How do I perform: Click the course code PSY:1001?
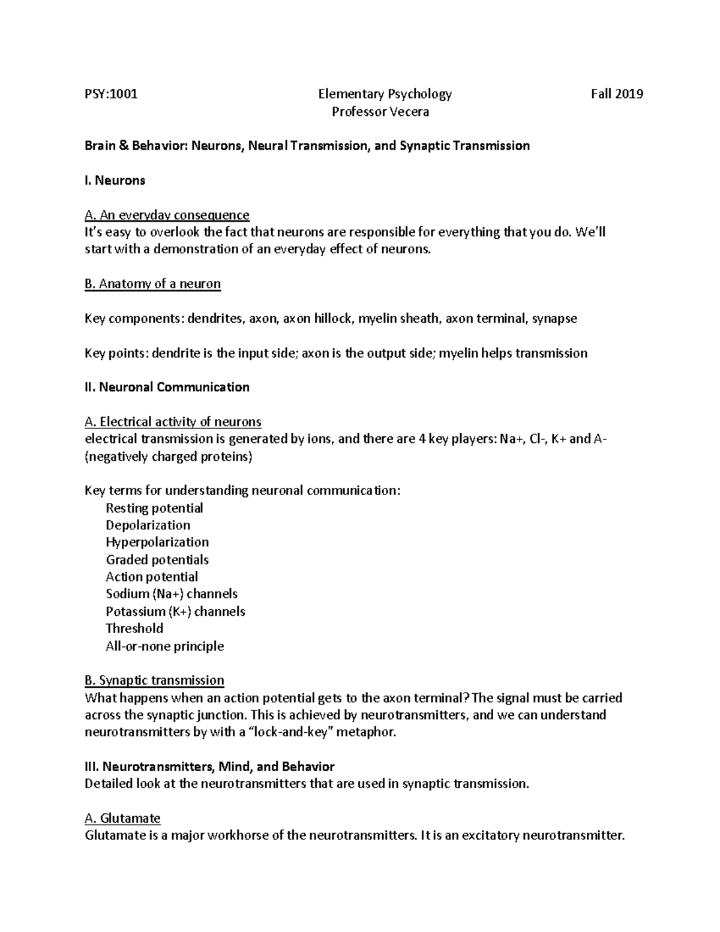click(111, 94)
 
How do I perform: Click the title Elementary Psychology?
click(385, 94)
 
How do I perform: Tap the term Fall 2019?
click(617, 94)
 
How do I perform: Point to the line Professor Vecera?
click(380, 112)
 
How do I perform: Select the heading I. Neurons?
click(115, 180)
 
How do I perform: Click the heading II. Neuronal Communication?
click(167, 387)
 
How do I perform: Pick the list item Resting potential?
click(154, 508)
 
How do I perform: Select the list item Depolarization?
click(148, 525)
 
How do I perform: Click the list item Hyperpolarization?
click(157, 543)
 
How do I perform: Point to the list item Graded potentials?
click(157, 560)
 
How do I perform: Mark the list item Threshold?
click(134, 628)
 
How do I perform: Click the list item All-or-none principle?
click(164, 646)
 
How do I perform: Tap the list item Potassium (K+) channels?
click(175, 612)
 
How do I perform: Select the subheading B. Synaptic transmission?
click(154, 681)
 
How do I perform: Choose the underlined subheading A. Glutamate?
click(122, 819)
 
